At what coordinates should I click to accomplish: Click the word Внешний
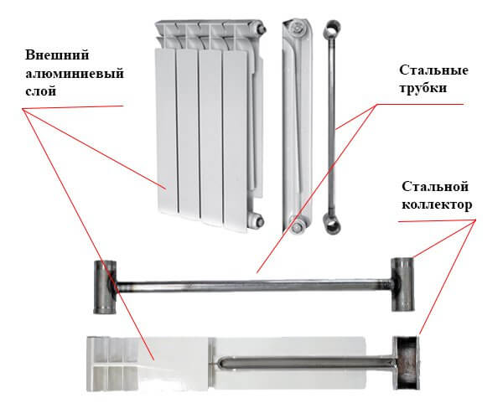coord(57,54)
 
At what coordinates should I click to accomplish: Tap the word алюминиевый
coord(75,74)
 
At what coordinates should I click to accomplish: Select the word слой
coord(41,91)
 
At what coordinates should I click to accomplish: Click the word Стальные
coord(433,70)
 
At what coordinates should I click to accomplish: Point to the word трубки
coord(423,88)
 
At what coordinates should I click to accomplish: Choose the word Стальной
coord(435,187)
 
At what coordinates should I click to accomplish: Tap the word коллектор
coord(437,204)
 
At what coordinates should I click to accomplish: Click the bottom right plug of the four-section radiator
coord(258,220)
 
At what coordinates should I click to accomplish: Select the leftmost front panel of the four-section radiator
coord(166,132)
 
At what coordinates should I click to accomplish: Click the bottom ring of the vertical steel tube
coord(332,222)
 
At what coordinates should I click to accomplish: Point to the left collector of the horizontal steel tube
coord(105,287)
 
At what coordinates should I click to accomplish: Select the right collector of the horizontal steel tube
coord(402,284)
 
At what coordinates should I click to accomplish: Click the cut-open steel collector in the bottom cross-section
coord(407,363)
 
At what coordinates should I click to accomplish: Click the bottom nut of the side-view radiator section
coord(297,225)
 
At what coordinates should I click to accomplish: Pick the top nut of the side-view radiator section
coord(296,28)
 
